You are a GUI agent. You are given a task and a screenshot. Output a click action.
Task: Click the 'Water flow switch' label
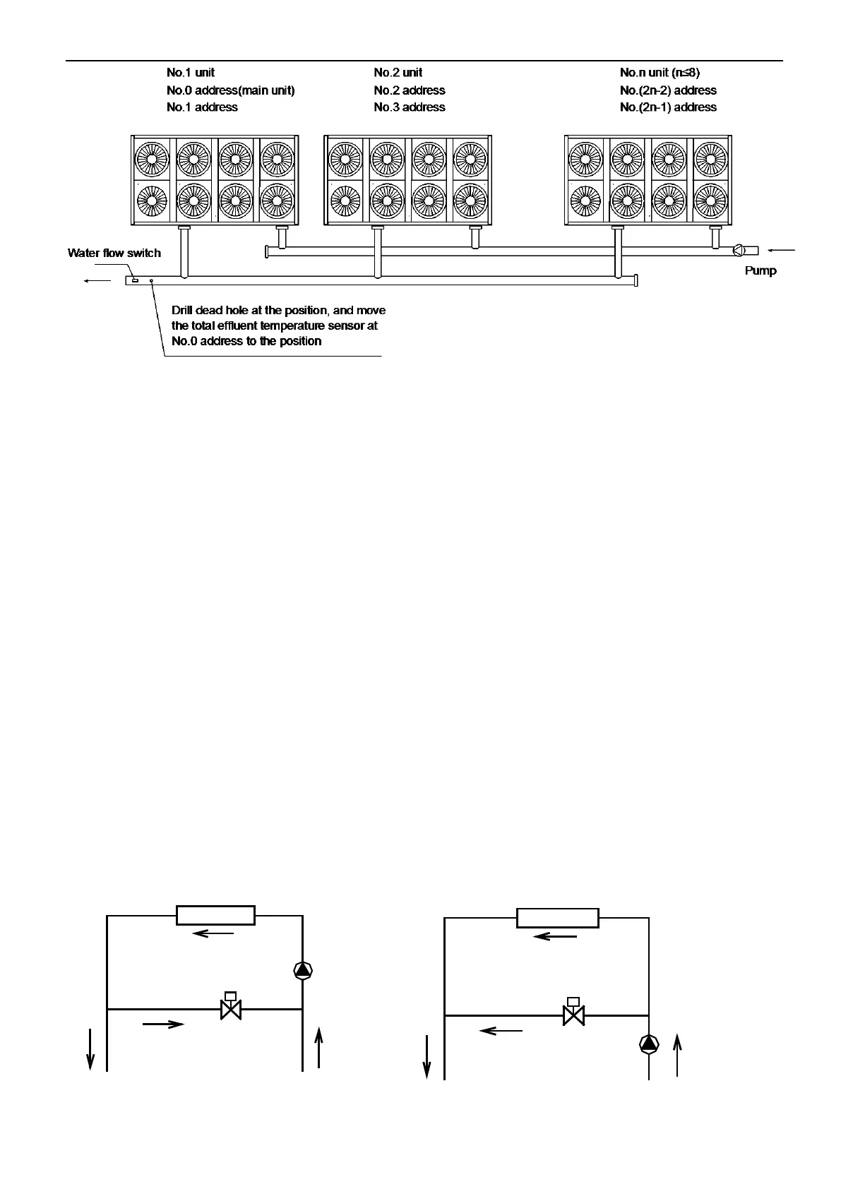pos(114,253)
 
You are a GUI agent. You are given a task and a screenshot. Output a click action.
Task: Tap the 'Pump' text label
pos(761,270)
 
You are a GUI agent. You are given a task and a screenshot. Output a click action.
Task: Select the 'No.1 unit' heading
pos(191,72)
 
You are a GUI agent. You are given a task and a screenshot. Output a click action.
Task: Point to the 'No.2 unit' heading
pos(398,72)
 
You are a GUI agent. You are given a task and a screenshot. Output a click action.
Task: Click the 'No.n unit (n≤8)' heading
pos(660,72)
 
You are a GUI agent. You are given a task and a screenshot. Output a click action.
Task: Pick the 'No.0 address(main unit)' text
pos(231,90)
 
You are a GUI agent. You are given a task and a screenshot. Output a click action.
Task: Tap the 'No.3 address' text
pos(410,107)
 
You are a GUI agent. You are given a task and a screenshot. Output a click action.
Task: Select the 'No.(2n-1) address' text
pos(668,107)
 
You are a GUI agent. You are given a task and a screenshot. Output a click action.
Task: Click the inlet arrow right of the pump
pos(782,250)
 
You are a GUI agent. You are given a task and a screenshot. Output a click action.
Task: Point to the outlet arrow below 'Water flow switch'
pos(97,281)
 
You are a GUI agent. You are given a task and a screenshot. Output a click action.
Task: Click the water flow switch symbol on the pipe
pos(135,280)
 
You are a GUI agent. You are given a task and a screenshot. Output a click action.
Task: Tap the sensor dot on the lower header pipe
pos(151,280)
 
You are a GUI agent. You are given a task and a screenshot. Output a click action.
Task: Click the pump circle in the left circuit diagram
pos(303,971)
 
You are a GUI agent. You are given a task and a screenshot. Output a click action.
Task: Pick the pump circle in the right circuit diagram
pos(648,1044)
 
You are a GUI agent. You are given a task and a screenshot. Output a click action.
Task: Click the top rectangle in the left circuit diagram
pos(215,915)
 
